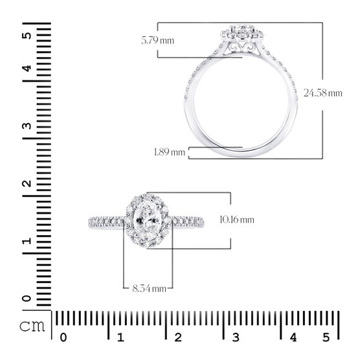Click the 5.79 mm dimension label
[x=158, y=41]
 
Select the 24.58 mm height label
[x=323, y=93]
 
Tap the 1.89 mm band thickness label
[x=170, y=152]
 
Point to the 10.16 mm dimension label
[x=237, y=219]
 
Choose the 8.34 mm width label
[x=149, y=288]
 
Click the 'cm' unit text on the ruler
[x=32, y=326]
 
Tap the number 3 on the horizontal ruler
[x=236, y=337]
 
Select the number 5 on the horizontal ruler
[x=326, y=337]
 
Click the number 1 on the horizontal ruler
[x=121, y=337]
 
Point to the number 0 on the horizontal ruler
[x=63, y=337]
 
